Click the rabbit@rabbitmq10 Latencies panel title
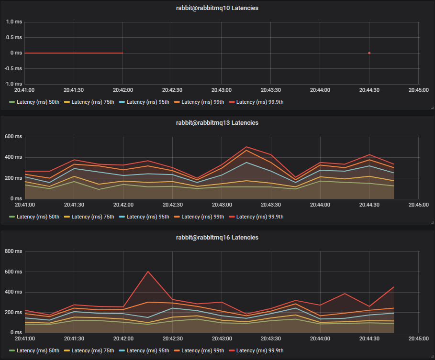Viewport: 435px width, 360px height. click(217, 8)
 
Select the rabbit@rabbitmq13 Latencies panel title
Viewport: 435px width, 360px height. click(217, 123)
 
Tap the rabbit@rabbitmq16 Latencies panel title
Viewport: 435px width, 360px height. click(217, 238)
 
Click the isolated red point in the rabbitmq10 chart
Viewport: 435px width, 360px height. click(369, 53)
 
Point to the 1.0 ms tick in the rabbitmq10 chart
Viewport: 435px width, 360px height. click(14, 22)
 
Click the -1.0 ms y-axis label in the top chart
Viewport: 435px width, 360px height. click(13, 84)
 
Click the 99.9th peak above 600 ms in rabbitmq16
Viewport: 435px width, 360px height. click(148, 272)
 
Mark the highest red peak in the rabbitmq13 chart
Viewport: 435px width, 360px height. click(246, 147)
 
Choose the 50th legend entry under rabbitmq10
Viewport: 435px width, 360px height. click(34, 102)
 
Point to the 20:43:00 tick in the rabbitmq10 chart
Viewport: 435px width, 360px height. click(221, 90)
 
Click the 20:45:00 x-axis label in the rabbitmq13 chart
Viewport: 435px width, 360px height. click(418, 205)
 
